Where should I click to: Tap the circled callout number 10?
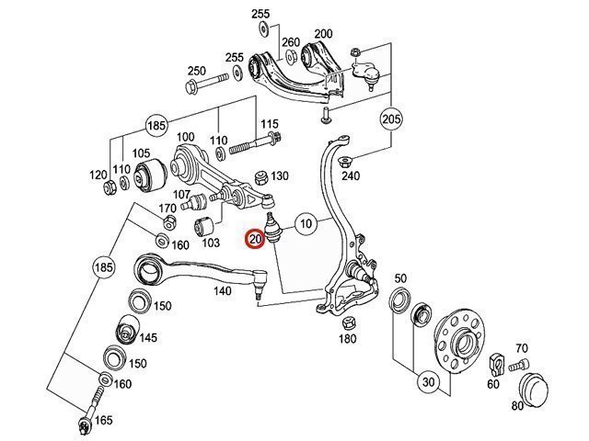click(306, 223)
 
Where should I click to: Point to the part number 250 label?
click(196, 71)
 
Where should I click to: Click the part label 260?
click(291, 42)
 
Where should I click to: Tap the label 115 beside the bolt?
click(269, 124)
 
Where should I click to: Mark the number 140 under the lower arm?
click(223, 290)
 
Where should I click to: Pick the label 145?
click(148, 337)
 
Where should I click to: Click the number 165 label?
click(103, 420)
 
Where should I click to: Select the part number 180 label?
click(346, 339)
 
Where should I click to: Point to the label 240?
click(351, 175)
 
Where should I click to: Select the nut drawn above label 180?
click(348, 322)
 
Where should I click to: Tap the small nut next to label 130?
click(260, 175)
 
